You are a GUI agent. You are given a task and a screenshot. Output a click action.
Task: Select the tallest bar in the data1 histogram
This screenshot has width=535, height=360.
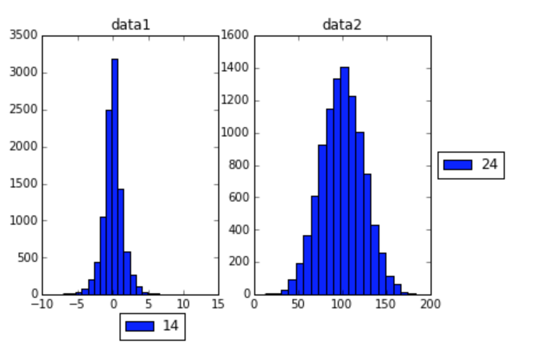115,174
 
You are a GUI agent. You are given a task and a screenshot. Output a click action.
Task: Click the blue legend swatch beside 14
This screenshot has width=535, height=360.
140,326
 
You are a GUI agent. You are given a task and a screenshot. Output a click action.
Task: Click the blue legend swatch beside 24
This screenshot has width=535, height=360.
458,165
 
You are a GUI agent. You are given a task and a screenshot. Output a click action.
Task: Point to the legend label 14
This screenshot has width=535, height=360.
170,326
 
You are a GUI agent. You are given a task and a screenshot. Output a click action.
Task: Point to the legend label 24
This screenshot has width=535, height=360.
489,165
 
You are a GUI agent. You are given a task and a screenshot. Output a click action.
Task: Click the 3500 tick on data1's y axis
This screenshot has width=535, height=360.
24,36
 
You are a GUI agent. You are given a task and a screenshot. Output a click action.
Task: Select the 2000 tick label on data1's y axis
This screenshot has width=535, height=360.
24,147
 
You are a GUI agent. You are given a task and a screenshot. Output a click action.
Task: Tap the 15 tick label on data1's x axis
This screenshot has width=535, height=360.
218,305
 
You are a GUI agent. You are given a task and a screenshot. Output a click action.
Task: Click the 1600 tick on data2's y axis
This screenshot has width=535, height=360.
235,36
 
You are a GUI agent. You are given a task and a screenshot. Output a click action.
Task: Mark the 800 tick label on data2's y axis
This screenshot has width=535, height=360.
238,165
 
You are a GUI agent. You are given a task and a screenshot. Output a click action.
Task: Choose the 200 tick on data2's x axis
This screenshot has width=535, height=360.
430,305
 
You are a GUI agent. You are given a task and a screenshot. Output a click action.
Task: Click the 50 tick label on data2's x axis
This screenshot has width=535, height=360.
298,305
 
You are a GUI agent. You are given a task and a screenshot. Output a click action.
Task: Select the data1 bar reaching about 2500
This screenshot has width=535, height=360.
109,203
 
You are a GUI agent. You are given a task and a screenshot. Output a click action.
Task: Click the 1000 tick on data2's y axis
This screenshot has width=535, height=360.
235,133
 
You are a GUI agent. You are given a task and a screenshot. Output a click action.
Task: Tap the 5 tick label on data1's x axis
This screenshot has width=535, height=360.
149,305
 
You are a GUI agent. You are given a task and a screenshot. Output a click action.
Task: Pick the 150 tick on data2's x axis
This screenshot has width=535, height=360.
386,305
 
